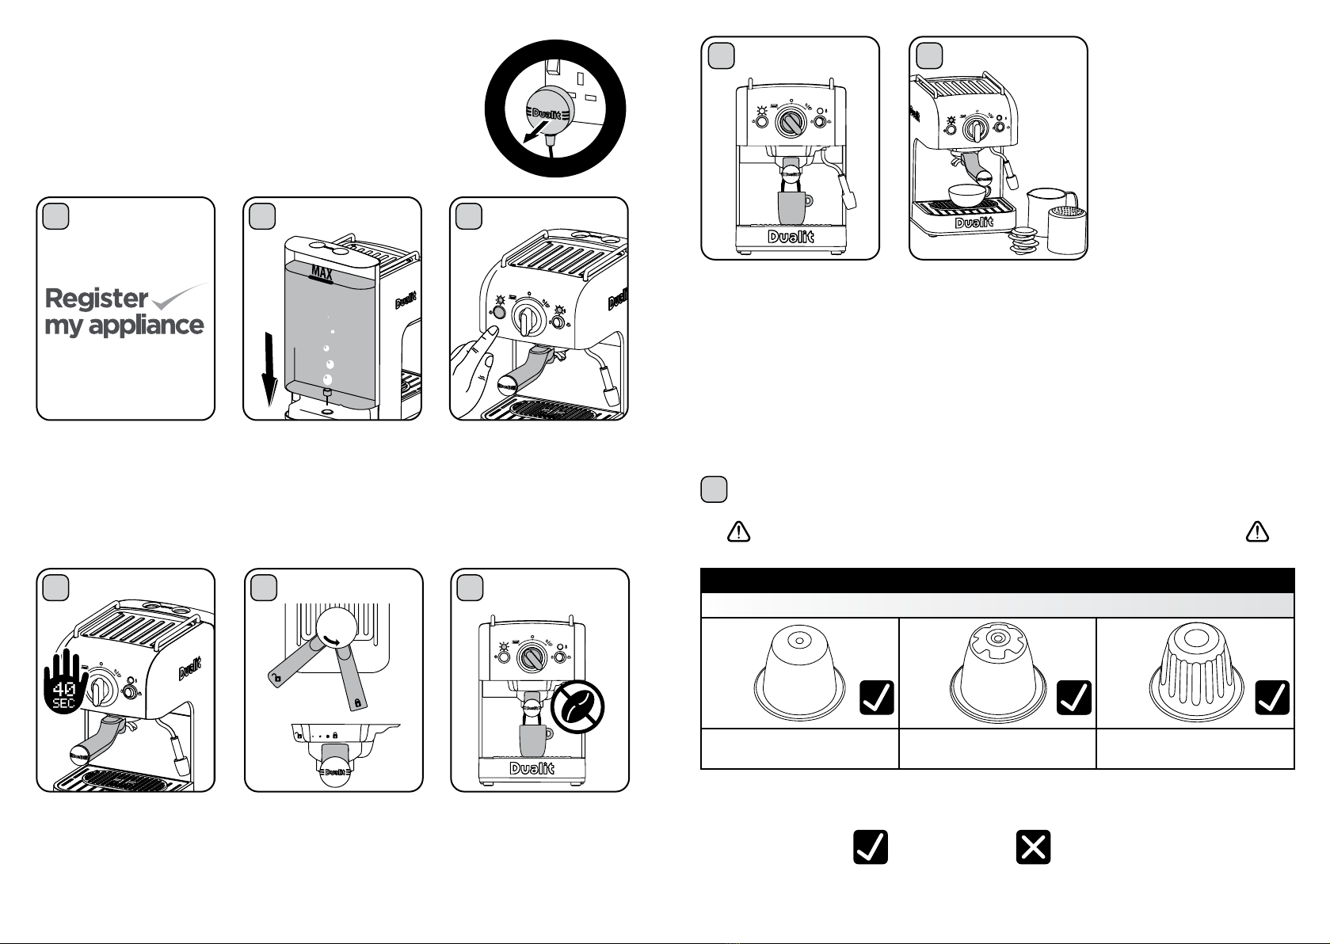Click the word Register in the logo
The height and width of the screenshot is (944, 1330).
click(97, 298)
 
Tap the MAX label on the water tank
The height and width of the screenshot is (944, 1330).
click(322, 274)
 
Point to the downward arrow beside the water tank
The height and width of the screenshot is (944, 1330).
click(269, 369)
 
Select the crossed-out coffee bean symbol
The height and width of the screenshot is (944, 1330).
click(577, 707)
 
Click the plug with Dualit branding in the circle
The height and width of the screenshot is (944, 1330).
click(547, 115)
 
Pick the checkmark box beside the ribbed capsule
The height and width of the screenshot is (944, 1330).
click(1272, 697)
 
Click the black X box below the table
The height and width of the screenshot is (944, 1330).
click(1033, 847)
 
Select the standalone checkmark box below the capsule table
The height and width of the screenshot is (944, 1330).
click(871, 847)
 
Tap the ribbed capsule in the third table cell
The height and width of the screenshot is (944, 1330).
click(1196, 672)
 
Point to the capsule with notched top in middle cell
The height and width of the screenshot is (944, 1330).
click(998, 672)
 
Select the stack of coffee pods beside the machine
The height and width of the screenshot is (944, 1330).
click(1023, 241)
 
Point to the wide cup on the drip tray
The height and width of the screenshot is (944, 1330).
click(969, 195)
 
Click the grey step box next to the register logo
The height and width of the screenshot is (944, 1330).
click(55, 216)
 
